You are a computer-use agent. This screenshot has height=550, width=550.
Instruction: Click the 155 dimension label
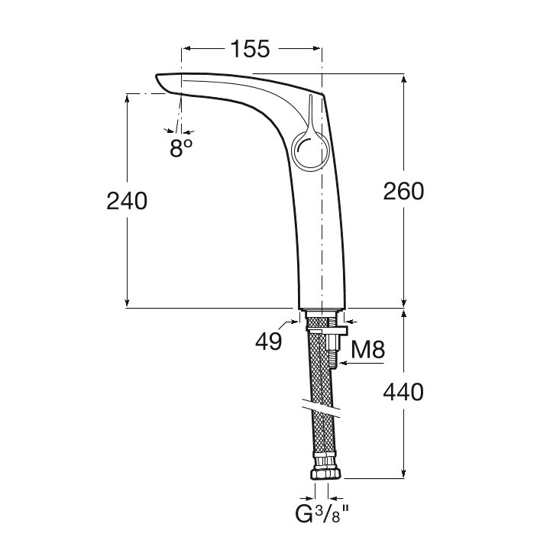[251, 49]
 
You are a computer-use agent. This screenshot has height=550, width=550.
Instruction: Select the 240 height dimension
[127, 202]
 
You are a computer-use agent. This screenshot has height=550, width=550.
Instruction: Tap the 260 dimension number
[403, 192]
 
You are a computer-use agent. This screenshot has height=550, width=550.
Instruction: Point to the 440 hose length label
[403, 392]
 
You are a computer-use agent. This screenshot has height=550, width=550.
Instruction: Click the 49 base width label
[268, 341]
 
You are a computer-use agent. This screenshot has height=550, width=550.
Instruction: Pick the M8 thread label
[368, 349]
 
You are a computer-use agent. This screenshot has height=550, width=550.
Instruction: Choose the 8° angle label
[181, 148]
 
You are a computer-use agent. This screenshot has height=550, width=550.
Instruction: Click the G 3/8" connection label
[322, 514]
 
